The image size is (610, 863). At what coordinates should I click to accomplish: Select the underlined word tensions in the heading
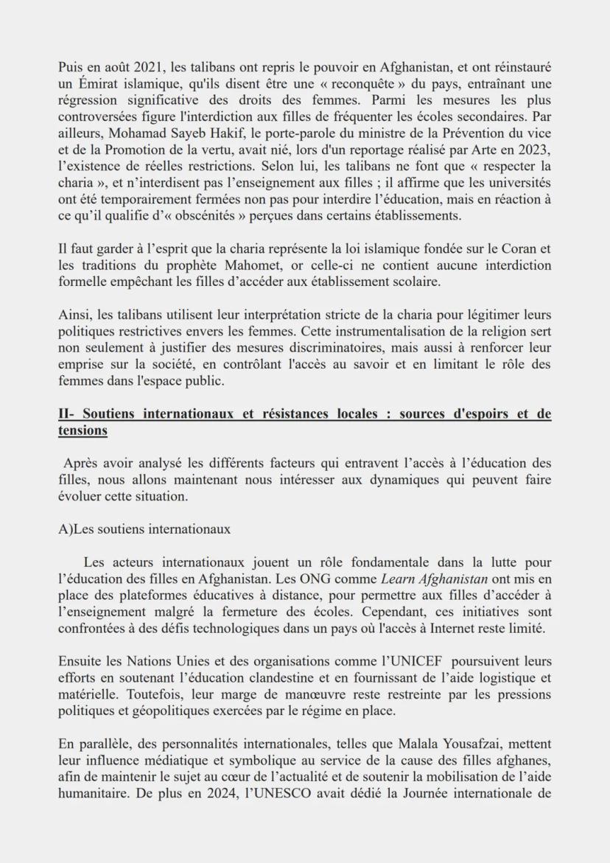coord(83,430)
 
